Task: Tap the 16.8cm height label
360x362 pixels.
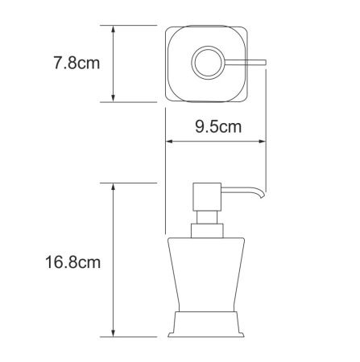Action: (x=73, y=261)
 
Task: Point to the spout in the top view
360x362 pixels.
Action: (x=245, y=62)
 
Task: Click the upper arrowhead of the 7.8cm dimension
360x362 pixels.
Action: (x=114, y=28)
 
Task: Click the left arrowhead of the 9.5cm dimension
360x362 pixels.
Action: (x=169, y=142)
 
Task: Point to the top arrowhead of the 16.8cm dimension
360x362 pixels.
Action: (x=114, y=187)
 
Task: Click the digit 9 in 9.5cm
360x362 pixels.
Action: (x=198, y=126)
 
